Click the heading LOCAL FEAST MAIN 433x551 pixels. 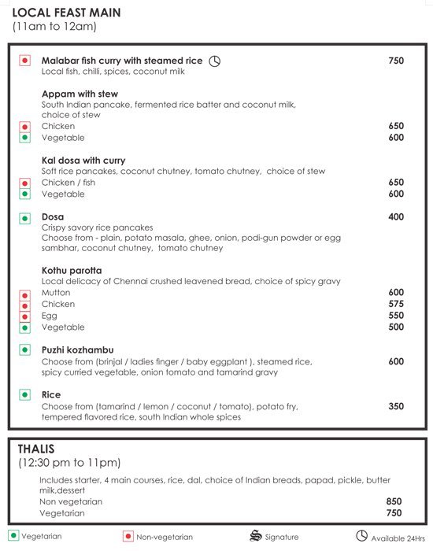66,12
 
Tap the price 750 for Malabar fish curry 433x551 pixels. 396,61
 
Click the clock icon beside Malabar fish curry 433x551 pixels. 214,61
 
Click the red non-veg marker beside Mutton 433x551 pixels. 24,293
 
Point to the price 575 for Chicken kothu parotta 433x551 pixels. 396,304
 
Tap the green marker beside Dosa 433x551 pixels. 24,216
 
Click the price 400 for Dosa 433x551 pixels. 396,216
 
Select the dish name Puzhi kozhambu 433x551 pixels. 77,350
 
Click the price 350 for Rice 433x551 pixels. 396,406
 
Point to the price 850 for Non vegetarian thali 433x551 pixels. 394,501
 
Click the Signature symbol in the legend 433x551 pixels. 254,536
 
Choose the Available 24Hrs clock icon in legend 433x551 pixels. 361,535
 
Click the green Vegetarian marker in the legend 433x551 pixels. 13,536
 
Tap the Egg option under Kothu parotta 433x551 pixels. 49,316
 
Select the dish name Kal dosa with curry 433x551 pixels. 83,161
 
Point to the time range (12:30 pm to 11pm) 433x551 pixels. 69,463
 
